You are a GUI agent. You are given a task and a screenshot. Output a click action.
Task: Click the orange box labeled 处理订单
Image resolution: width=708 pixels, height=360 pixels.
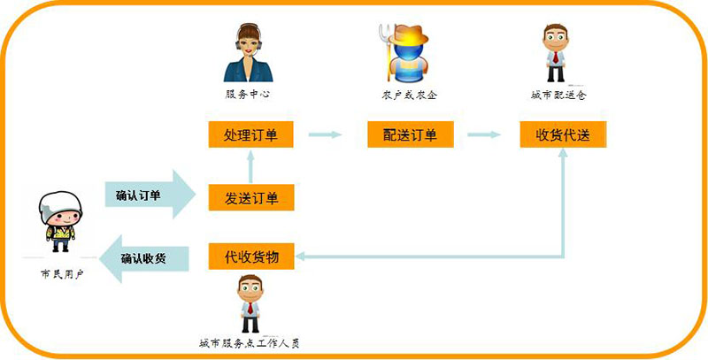pyautogui.click(x=250, y=135)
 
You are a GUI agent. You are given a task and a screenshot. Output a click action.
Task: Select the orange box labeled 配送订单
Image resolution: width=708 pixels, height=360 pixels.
pyautogui.click(x=410, y=135)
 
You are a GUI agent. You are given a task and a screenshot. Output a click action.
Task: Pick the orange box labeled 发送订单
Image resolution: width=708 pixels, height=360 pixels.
pyautogui.click(x=250, y=197)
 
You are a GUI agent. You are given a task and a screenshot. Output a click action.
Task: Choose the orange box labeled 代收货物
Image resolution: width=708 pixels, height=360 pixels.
pyautogui.click(x=250, y=257)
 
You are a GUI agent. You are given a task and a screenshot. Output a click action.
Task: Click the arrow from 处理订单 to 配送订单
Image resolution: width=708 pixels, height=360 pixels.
pyautogui.click(x=324, y=135)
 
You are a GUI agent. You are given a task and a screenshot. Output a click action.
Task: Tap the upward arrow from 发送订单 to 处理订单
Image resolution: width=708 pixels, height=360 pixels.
pyautogui.click(x=250, y=167)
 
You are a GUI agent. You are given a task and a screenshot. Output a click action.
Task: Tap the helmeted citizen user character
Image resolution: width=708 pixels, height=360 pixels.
pyautogui.click(x=58, y=220)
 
